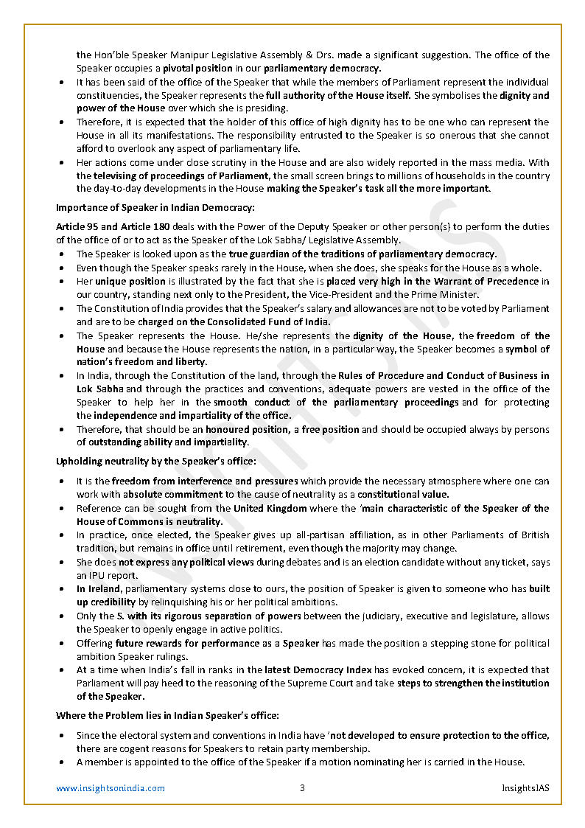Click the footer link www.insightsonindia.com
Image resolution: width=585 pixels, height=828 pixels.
(111, 788)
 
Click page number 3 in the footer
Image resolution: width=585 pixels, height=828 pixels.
(302, 788)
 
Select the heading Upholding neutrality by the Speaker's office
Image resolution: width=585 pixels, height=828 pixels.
(156, 461)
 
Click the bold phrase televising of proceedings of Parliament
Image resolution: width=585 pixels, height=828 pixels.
(182, 175)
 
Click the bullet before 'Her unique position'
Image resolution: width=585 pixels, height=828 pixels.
(61, 282)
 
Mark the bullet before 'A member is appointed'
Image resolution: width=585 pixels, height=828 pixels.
(61, 762)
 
